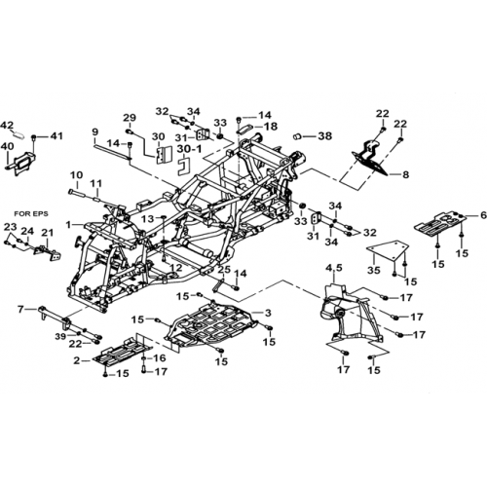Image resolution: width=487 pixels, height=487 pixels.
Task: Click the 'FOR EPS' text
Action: click(31, 214)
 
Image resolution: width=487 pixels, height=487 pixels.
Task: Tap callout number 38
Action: click(325, 136)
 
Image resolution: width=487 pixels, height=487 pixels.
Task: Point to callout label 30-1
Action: click(189, 149)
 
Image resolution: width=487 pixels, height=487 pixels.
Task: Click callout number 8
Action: click(405, 174)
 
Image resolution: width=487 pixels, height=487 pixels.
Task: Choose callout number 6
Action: click(483, 215)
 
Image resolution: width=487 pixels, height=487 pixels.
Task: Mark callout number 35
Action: click(374, 269)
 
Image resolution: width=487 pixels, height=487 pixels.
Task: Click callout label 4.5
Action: click(334, 268)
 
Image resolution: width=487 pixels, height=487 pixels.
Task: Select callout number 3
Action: click(268, 313)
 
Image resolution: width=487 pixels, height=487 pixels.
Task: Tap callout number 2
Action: click(77, 360)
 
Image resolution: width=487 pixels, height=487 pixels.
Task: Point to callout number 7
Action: click(20, 310)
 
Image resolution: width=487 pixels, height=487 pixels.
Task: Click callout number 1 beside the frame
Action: click(68, 224)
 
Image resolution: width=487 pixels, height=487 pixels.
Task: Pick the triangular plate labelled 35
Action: click(387, 253)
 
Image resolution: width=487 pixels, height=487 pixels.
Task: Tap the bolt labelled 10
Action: click(77, 194)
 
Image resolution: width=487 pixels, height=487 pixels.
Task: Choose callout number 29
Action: click(130, 118)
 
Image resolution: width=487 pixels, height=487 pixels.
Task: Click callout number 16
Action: click(160, 358)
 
